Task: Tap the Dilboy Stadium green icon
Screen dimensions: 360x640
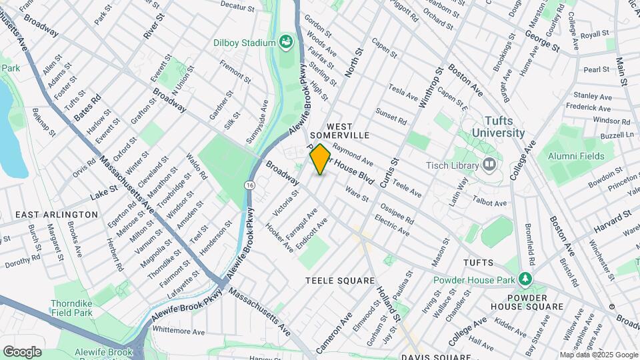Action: click(x=287, y=43)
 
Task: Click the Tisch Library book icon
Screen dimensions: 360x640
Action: click(x=490, y=164)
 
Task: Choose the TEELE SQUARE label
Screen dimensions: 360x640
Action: click(x=340, y=281)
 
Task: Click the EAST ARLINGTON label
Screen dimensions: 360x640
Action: click(x=57, y=215)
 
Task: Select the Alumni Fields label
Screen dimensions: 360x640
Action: click(x=577, y=156)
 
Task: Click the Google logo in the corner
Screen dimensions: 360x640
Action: click(x=22, y=352)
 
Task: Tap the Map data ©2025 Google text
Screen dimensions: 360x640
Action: click(x=598, y=355)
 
